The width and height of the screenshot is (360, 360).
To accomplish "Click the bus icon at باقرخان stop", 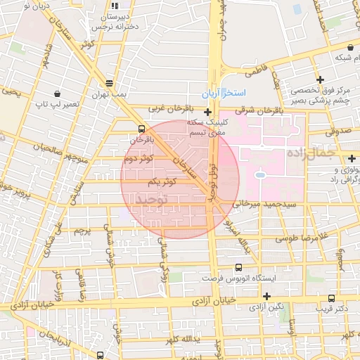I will pyautogui.click(x=143, y=129).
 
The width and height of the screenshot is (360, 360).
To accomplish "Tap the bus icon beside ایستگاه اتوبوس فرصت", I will pyautogui.click(x=239, y=267).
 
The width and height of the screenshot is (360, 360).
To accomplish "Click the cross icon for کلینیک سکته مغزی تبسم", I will pyautogui.click(x=207, y=112).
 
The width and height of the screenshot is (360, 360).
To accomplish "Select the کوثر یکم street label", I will pyautogui.click(x=162, y=182).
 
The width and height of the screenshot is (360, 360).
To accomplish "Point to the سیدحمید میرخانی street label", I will pyautogui.click(x=258, y=204).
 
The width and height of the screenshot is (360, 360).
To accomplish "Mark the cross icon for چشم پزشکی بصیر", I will pyautogui.click(x=321, y=79).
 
